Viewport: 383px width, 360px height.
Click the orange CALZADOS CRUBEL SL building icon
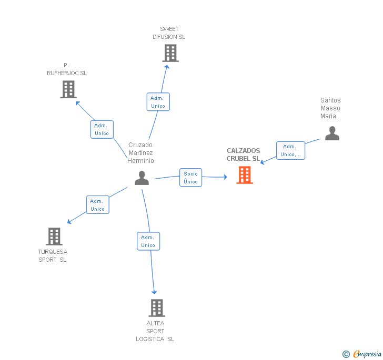coord(245,175)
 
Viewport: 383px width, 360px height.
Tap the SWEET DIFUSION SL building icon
coord(170,53)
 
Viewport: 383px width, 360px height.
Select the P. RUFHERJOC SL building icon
coord(68,89)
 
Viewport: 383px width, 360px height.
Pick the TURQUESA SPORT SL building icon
coord(54,236)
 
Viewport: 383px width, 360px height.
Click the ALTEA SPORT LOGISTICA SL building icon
coord(156,307)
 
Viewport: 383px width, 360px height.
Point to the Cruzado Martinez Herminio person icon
coord(142,178)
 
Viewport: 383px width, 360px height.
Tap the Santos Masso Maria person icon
coord(332,133)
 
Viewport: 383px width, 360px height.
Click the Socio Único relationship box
coord(190,178)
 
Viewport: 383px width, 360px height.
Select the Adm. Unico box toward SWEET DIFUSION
coord(158,102)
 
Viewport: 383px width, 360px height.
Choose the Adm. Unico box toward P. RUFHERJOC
coord(102,129)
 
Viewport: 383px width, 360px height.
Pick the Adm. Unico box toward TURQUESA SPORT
coord(97,205)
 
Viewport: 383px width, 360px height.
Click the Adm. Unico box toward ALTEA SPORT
coord(148,241)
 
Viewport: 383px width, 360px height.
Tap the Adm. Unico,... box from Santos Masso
coord(290,150)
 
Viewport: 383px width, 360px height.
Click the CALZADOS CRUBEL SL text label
coord(243,155)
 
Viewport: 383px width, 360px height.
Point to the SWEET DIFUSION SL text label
coord(169,33)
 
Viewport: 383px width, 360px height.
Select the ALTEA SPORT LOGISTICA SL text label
coord(155,331)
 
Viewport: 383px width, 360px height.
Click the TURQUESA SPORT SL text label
coord(53,255)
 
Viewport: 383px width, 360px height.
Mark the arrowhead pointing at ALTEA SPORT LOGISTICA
coord(154,292)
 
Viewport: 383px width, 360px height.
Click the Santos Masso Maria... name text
coord(330,108)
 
